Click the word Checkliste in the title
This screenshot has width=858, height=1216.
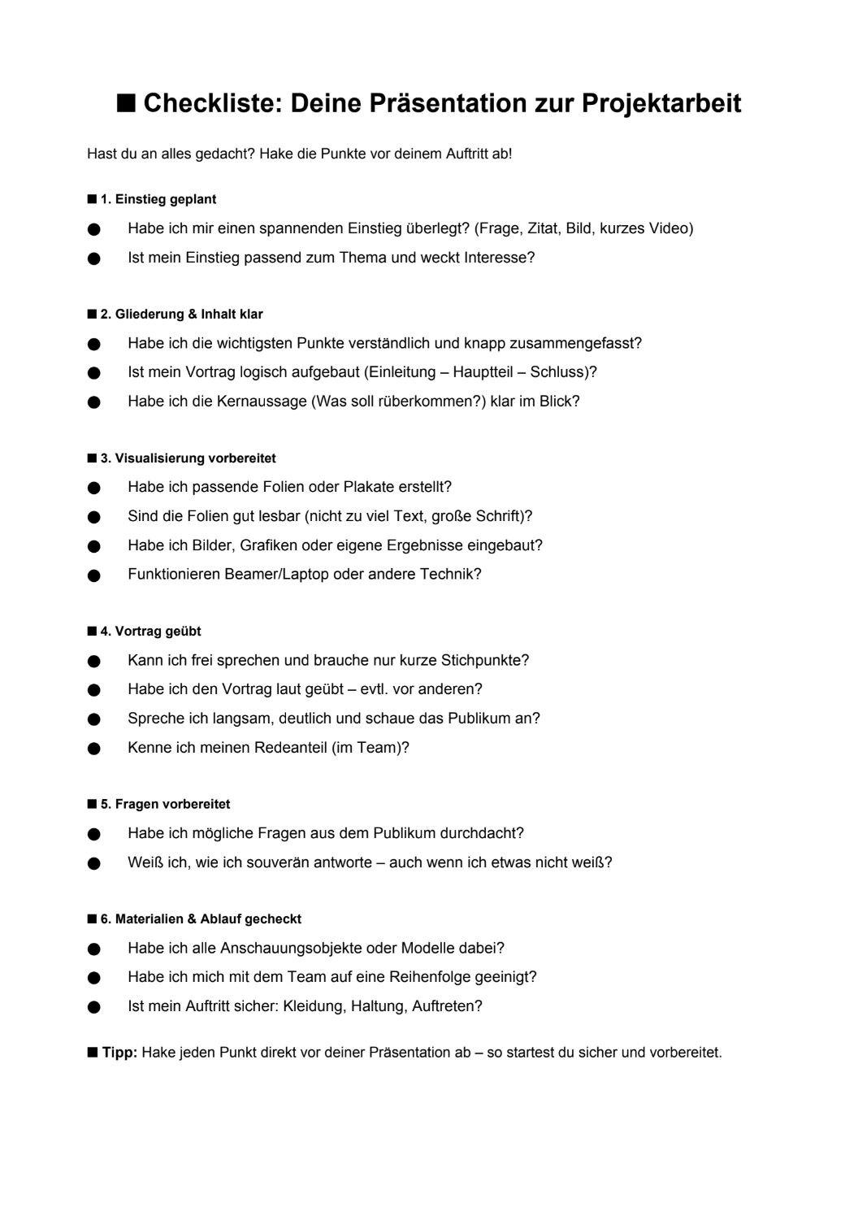(212, 104)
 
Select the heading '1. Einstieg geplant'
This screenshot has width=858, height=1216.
(158, 199)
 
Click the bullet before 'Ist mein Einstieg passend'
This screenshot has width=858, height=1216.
(93, 258)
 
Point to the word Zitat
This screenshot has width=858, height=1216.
(544, 228)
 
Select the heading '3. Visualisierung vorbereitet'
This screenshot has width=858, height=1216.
(188, 458)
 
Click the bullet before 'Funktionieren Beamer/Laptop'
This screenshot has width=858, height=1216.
(93, 575)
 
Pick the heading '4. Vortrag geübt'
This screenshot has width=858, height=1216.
(150, 632)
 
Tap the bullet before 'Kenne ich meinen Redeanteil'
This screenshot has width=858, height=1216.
(93, 749)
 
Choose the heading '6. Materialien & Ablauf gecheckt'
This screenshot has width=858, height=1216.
(200, 919)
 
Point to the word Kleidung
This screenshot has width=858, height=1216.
(313, 1006)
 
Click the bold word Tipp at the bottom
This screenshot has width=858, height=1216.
(119, 1053)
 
